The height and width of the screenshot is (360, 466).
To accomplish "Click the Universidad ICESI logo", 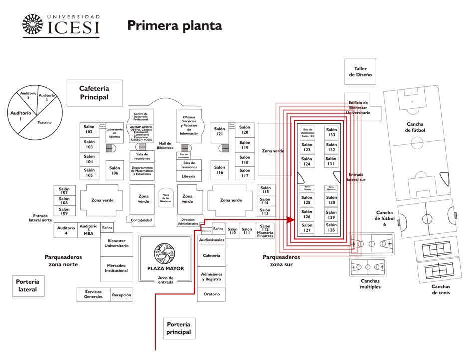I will pyautogui.click(x=60, y=26).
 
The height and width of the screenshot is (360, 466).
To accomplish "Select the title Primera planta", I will pyautogui.click(x=174, y=25).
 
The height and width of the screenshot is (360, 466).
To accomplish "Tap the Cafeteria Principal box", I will pyautogui.click(x=94, y=93).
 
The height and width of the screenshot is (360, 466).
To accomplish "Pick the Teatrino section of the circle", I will pyautogui.click(x=45, y=122).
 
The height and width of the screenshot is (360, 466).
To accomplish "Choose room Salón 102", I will pyautogui.click(x=89, y=129).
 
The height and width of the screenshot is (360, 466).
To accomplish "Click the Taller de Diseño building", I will pyautogui.click(x=360, y=72).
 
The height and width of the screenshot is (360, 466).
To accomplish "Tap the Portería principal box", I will pyautogui.click(x=179, y=328).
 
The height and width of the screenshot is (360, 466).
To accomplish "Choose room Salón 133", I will pyautogui.click(x=331, y=132).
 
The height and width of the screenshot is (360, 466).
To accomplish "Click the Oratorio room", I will pyautogui.click(x=211, y=294).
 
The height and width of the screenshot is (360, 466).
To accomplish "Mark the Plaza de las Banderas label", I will pyautogui.click(x=165, y=197).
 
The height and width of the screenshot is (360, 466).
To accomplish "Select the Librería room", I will pyautogui.click(x=189, y=176).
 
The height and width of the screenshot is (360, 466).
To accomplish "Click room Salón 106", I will pyautogui.click(x=115, y=170).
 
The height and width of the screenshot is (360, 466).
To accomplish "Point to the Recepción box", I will pyautogui.click(x=121, y=295).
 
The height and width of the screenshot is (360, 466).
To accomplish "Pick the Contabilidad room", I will pyautogui.click(x=141, y=220).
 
